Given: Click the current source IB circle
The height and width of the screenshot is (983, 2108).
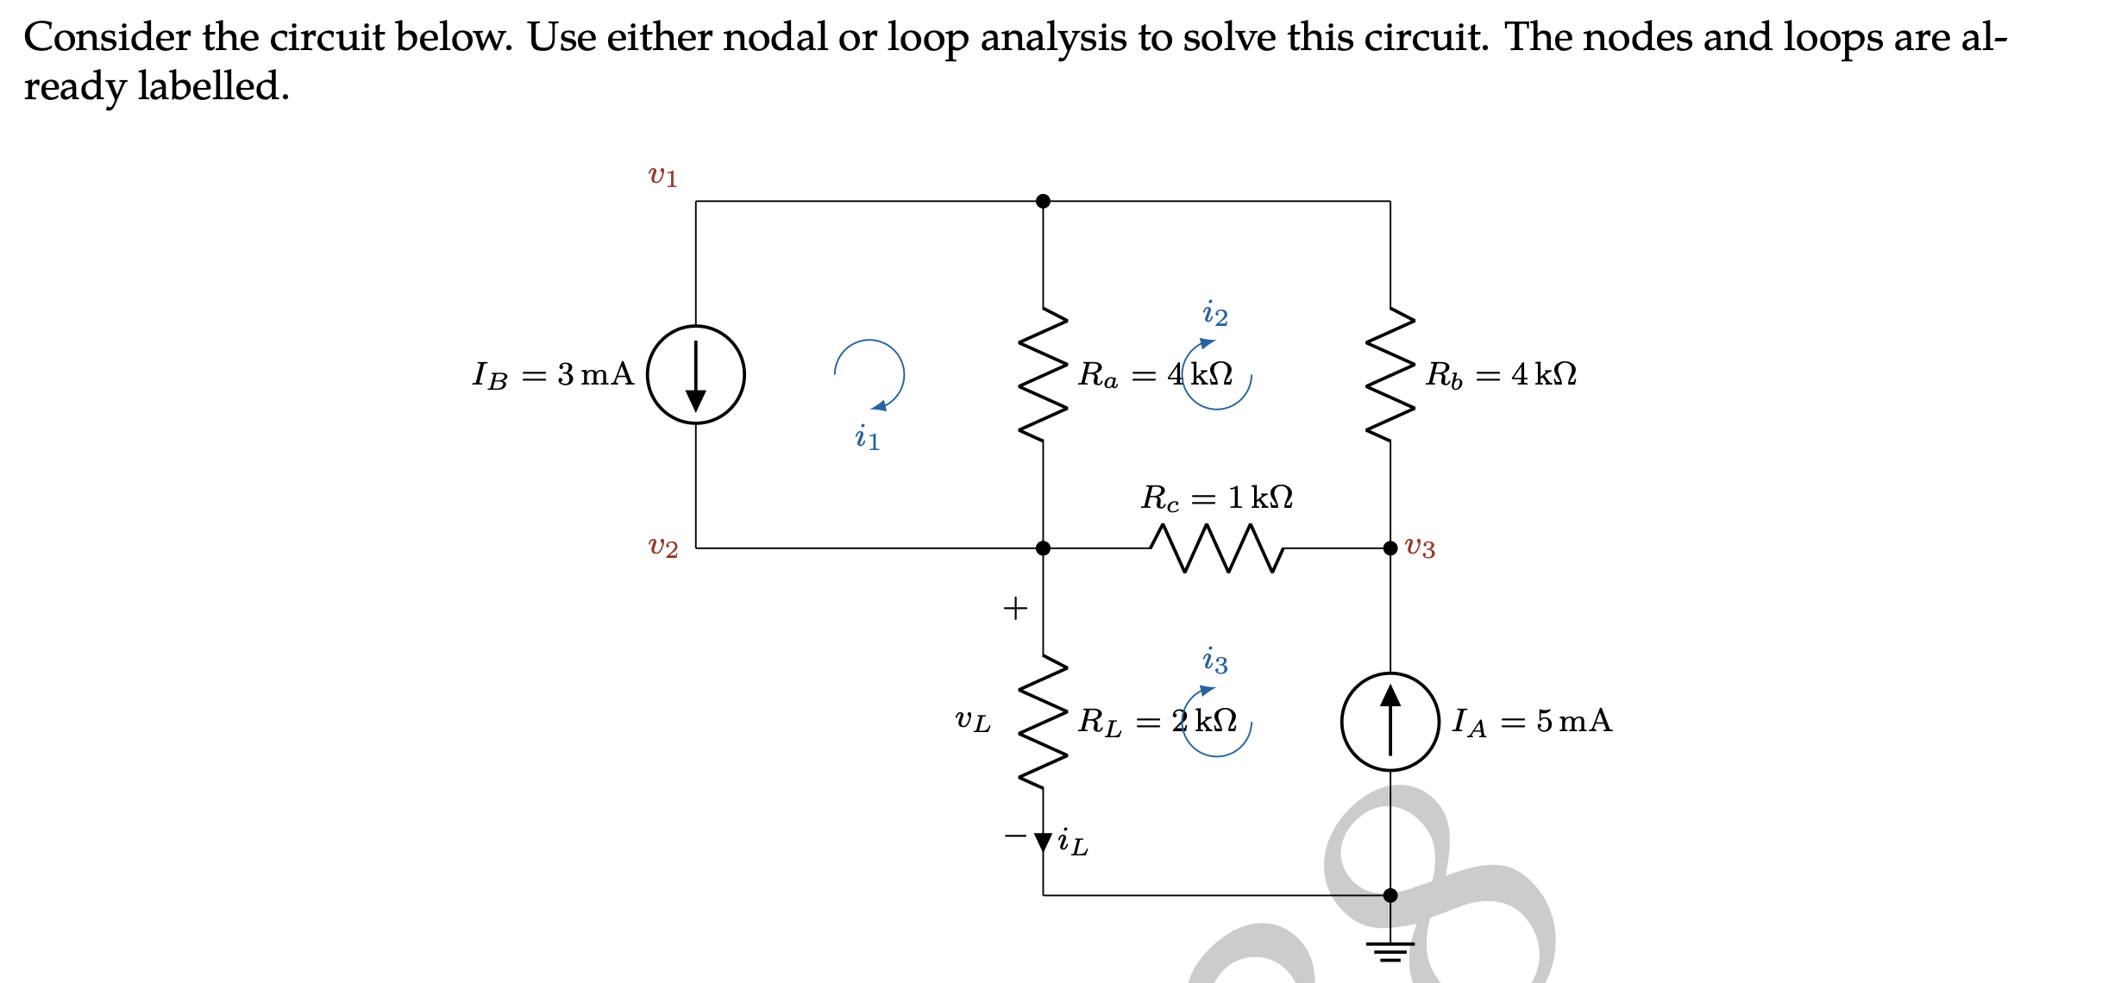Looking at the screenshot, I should tap(695, 374).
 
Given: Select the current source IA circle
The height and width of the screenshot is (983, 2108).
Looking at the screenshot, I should tap(1390, 721).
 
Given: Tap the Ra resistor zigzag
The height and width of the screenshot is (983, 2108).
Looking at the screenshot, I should tap(1043, 374).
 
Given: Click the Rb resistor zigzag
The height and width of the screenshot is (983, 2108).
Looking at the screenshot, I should tap(1390, 374).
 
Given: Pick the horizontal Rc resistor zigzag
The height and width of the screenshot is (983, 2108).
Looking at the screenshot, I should tap(1216, 548).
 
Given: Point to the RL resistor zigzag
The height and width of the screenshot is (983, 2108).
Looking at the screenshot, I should tap(1043, 721).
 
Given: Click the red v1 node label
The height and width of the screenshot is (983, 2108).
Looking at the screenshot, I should tap(662, 176).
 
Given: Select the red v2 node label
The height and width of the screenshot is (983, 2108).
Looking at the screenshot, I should tap(662, 547).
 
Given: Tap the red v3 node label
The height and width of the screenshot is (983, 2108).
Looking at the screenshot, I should tap(1420, 547).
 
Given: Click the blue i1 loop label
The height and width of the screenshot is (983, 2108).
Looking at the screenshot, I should tap(867, 437).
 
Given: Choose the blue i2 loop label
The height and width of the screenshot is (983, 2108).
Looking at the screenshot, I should tap(1214, 314).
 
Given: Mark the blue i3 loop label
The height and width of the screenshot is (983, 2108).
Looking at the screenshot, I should tap(1214, 661).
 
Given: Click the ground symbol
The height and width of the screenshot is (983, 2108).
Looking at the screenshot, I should tap(1390, 950).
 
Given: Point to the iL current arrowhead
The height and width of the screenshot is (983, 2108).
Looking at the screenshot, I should tap(1043, 842).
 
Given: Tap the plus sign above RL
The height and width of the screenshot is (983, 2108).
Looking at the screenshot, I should tap(1015, 608).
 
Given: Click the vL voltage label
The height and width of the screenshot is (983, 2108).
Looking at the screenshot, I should tap(972, 721).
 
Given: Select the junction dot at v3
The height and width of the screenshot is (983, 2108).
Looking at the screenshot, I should tap(1390, 548).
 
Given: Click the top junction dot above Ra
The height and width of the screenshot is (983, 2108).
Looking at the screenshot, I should tap(1043, 201).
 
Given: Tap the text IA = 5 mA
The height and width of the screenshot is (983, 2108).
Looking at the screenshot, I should tap(1532, 721).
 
